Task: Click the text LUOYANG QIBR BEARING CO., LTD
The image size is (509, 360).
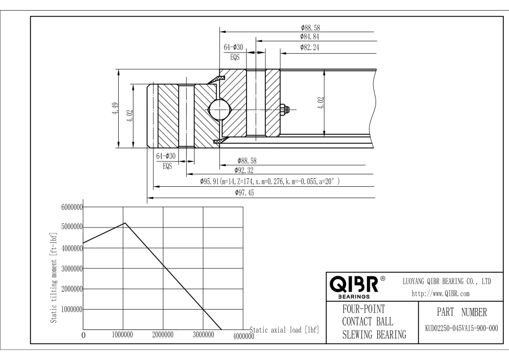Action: click(446, 281)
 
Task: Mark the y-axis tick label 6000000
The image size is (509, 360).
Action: click(71, 207)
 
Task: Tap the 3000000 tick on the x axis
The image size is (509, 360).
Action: click(202, 335)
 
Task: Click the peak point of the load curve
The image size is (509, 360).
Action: click(124, 222)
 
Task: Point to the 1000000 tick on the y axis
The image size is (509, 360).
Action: click(71, 310)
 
